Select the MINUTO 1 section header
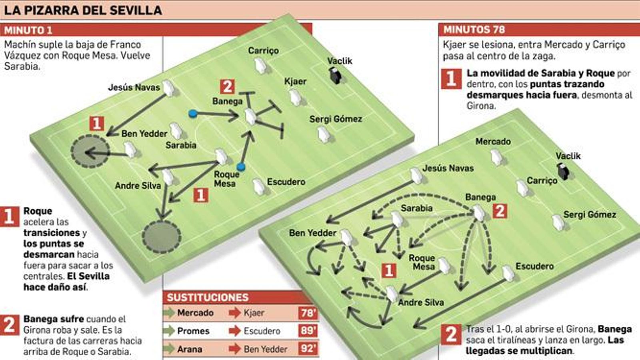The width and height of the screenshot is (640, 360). [x=28, y=30]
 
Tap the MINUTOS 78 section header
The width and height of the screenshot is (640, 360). [x=474, y=30]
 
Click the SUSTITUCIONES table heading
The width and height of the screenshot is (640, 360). [x=208, y=297]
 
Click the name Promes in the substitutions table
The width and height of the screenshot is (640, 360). [x=193, y=331]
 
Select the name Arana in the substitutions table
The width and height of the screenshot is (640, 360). [x=189, y=349]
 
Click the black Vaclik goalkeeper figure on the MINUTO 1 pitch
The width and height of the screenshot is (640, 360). [x=335, y=75]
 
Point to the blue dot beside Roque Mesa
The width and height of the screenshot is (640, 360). [x=241, y=167]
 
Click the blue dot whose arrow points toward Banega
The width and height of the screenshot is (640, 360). [x=193, y=114]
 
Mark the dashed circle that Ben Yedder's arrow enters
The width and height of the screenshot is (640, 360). [x=90, y=151]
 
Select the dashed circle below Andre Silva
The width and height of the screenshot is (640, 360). [x=162, y=236]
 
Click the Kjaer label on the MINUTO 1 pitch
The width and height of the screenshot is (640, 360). [x=295, y=82]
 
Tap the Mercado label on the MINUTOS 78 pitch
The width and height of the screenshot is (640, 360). [x=493, y=142]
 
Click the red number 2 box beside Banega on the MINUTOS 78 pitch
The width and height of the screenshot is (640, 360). [x=500, y=211]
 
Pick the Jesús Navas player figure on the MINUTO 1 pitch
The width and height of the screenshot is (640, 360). [x=168, y=88]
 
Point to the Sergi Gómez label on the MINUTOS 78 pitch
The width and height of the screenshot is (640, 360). [x=589, y=214]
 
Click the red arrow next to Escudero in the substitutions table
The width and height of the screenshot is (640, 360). [x=234, y=331]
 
